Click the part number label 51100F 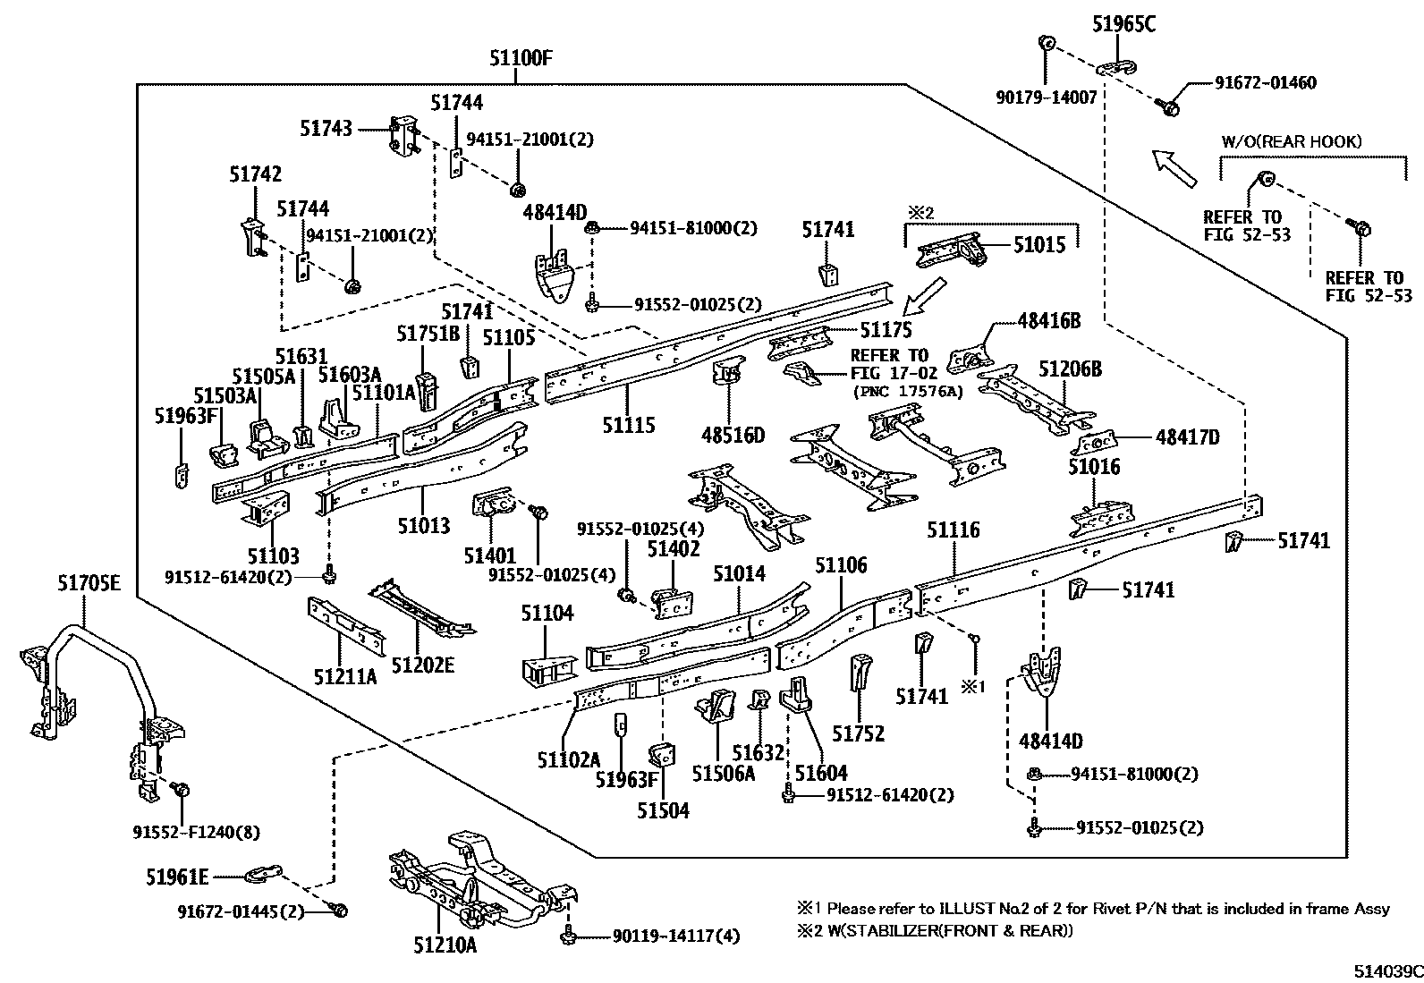[521, 60]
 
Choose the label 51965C [1123, 25]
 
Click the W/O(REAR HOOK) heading [1291, 141]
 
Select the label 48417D [1187, 437]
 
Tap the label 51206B [1070, 369]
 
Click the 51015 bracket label [1039, 244]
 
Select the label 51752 [858, 733]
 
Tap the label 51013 [423, 525]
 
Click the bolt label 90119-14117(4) [676, 936]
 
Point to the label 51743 [326, 129]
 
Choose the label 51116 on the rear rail [953, 530]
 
